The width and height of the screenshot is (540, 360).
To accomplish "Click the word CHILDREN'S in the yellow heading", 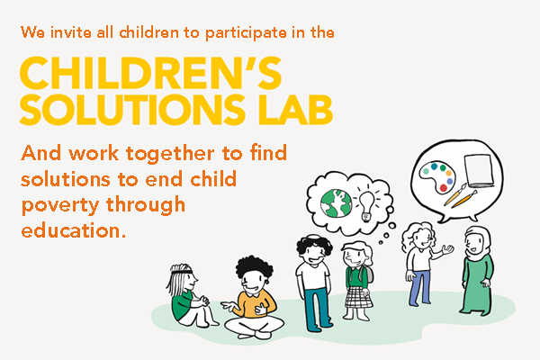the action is coord(151,73).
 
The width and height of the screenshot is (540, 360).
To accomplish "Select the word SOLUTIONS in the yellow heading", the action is coord(132,110).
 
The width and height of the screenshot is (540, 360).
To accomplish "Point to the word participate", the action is coord(246,33).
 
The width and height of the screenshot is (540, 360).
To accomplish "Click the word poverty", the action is coord(60,206).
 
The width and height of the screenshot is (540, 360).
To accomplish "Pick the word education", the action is coord(74,230).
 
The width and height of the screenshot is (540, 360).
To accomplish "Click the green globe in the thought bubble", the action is coord(336,203).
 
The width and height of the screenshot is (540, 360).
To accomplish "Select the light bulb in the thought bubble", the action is coord(366,205).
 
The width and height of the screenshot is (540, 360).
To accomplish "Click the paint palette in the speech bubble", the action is coord(437,176).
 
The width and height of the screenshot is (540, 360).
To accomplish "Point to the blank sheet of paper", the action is coord(479,169).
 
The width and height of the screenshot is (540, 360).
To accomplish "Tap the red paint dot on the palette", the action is coord(443,188).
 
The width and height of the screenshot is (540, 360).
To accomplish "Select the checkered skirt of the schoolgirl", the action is coord(358,297).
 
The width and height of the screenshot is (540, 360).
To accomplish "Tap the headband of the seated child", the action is coord(182,272).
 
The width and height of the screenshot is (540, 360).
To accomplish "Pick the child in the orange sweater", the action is coord(254,298).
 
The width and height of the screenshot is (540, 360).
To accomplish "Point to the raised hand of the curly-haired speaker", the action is coord(447,248).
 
